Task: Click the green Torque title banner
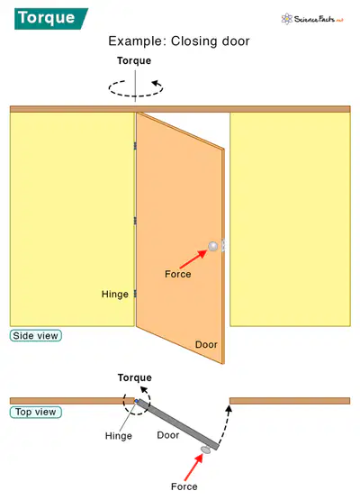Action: (51, 19)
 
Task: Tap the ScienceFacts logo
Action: (312, 19)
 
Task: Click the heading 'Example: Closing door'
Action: (179, 41)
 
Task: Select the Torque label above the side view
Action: (134, 60)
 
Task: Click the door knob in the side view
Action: (213, 246)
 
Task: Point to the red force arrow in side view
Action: (193, 259)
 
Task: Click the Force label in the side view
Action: (178, 274)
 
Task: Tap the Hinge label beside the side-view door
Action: (115, 294)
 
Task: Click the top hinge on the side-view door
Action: (135, 146)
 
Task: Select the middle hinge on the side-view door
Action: (135, 221)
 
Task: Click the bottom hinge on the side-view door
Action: (135, 294)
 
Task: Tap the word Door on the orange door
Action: (206, 345)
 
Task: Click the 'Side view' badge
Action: (36, 336)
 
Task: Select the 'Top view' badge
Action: (36, 412)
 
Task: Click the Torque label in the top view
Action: (135, 377)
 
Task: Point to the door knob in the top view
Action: (206, 450)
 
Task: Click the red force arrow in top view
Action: (193, 468)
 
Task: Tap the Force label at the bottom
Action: (184, 486)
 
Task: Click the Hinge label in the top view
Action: (119, 436)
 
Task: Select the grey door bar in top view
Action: (178, 424)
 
